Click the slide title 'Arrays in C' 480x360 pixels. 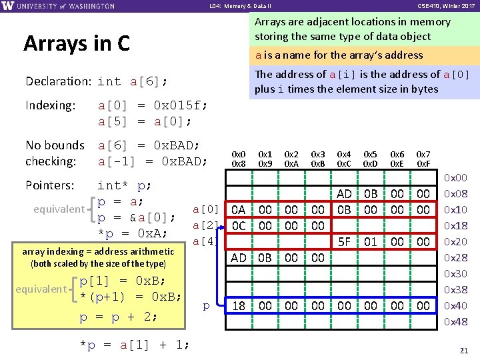(x=76, y=43)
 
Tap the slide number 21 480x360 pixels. (x=465, y=350)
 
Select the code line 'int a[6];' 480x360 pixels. (x=132, y=82)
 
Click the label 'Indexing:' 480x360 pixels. (x=51, y=105)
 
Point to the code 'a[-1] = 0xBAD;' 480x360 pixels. (x=153, y=161)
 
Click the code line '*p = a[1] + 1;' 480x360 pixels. (x=134, y=345)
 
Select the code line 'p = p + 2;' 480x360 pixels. (x=119, y=317)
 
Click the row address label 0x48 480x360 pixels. (x=456, y=322)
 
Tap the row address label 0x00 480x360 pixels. (x=456, y=178)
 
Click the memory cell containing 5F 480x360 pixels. (x=344, y=241)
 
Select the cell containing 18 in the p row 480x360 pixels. (x=239, y=306)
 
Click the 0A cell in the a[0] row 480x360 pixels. (x=239, y=210)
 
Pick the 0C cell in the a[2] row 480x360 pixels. (x=239, y=226)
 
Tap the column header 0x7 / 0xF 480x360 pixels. (x=423, y=159)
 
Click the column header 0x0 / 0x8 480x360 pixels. (x=239, y=159)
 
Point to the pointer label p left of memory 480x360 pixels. (x=206, y=305)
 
